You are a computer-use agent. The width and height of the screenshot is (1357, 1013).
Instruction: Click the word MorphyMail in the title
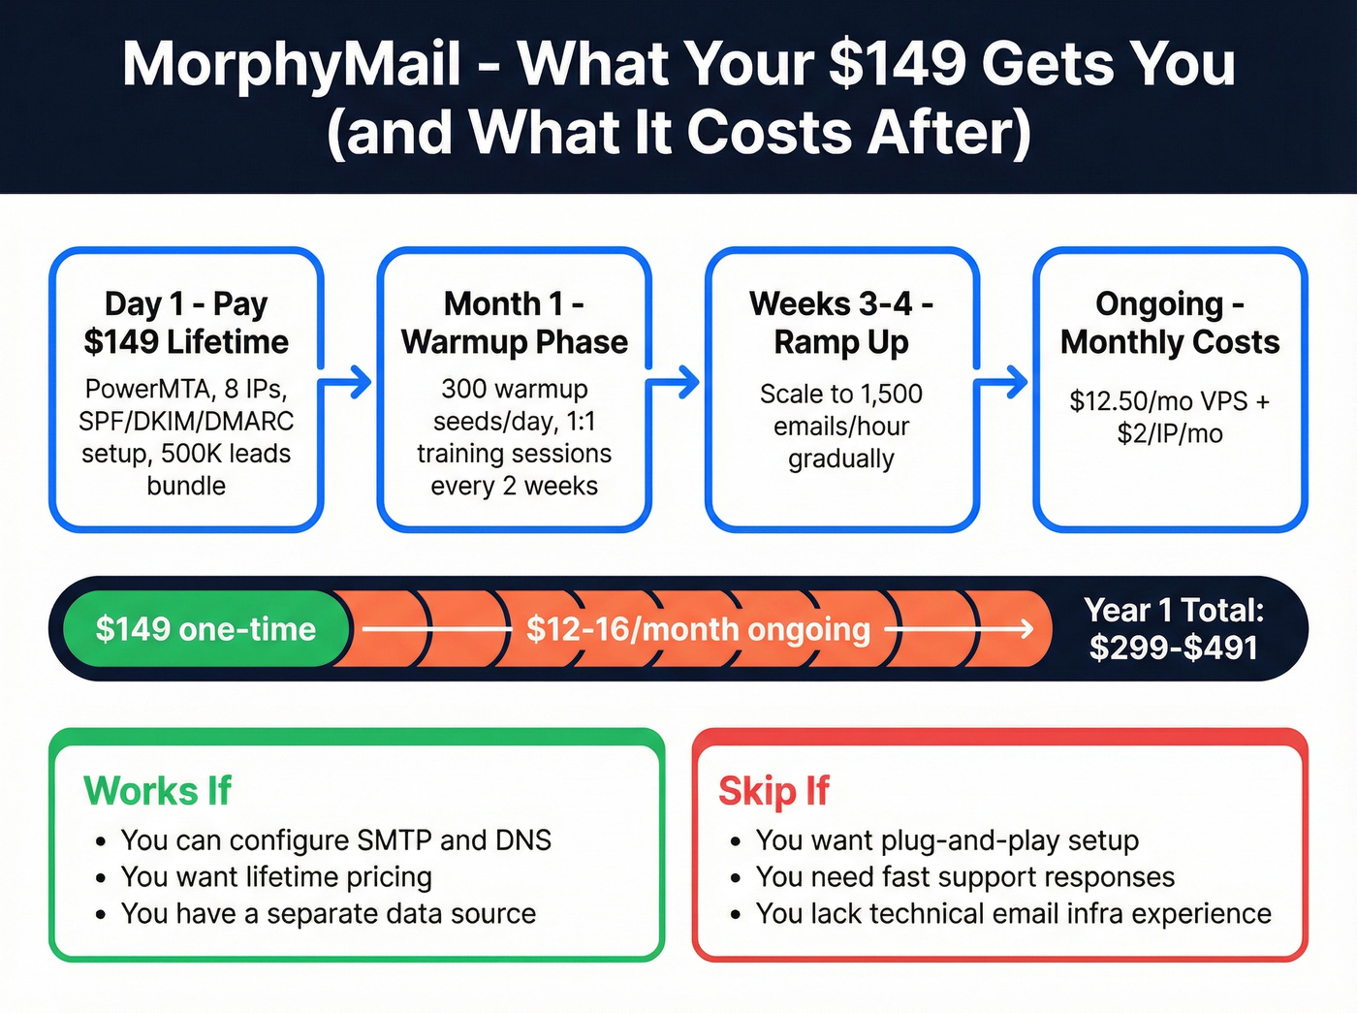[292, 64]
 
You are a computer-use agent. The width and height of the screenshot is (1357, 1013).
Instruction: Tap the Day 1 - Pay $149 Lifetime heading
[186, 323]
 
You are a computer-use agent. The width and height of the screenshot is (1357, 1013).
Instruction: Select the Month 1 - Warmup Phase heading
[514, 323]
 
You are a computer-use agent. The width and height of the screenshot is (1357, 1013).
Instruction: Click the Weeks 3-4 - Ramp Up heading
[841, 323]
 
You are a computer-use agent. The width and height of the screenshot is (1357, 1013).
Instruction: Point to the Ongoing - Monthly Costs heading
[1170, 323]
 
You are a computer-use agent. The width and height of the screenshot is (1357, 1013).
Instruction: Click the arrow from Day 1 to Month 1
[348, 382]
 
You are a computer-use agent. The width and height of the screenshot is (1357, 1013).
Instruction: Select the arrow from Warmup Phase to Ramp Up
[676, 382]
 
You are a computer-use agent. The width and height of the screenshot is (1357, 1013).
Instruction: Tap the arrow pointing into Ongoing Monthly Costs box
[1003, 382]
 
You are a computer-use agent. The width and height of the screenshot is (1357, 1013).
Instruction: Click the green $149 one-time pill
[205, 629]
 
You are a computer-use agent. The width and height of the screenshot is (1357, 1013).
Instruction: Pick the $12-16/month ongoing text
[698, 629]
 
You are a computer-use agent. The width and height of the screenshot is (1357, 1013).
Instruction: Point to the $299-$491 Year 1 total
[1173, 648]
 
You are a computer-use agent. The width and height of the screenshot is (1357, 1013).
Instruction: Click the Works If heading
[157, 791]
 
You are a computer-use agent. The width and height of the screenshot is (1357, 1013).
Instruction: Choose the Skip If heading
[773, 791]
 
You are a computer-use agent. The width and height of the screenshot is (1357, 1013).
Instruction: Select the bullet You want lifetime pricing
[276, 876]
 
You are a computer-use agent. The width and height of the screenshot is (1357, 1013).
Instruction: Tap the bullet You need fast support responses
[964, 876]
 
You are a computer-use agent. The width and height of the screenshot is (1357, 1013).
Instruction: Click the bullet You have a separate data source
[328, 913]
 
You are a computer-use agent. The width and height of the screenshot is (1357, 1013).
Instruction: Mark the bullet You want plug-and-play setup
[947, 839]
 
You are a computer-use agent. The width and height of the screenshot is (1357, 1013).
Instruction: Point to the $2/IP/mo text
[1170, 433]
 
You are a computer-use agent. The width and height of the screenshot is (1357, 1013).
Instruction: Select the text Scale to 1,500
[841, 394]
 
